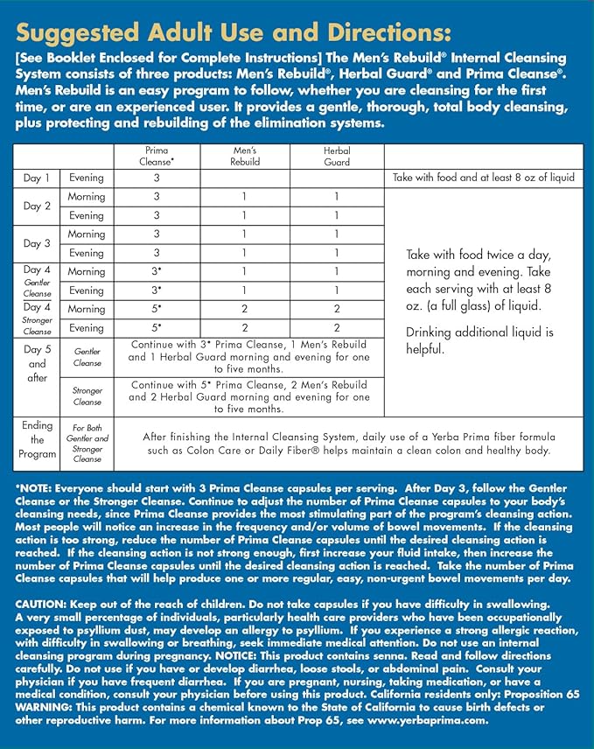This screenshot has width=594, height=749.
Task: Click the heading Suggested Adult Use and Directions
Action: coord(234,33)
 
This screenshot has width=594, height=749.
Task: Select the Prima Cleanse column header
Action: coord(157,156)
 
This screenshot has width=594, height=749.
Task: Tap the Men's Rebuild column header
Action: coord(245,156)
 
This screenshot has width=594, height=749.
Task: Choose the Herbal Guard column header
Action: coord(336,156)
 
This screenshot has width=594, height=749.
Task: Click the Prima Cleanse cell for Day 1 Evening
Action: coord(157,178)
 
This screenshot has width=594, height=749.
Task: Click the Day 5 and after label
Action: coord(37,363)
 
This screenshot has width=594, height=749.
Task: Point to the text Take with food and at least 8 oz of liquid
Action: coord(484,178)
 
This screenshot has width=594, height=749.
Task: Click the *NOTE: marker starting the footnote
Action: coord(37,487)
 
